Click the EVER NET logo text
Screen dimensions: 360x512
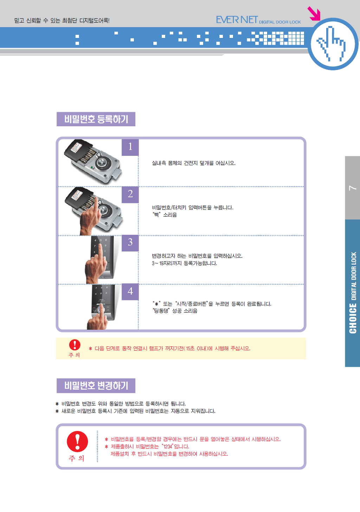tap(237, 20)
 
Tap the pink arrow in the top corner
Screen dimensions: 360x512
tap(314, 13)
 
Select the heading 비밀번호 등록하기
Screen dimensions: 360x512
tap(96, 119)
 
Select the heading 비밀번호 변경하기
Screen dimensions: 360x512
tap(96, 386)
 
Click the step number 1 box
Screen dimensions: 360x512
tap(130, 147)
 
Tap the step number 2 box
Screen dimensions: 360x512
tap(130, 194)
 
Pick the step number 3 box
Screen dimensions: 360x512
tap(130, 243)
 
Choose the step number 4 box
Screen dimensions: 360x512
tap(130, 292)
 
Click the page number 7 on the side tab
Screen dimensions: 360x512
tap(353, 188)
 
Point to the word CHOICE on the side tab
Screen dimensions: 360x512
tap(353, 318)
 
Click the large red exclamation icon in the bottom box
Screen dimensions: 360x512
tap(77, 442)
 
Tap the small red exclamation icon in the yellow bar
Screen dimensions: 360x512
tap(75, 345)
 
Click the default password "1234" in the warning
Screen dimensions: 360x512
tap(168, 446)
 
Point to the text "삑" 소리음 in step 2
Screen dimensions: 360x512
tap(164, 215)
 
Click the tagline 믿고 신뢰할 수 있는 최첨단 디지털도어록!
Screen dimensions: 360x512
tap(62, 20)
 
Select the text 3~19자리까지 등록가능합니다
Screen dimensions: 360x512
tap(184, 263)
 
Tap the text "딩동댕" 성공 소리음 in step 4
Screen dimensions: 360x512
tap(175, 311)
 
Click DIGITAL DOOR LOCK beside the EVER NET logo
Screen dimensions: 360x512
tap(280, 22)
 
